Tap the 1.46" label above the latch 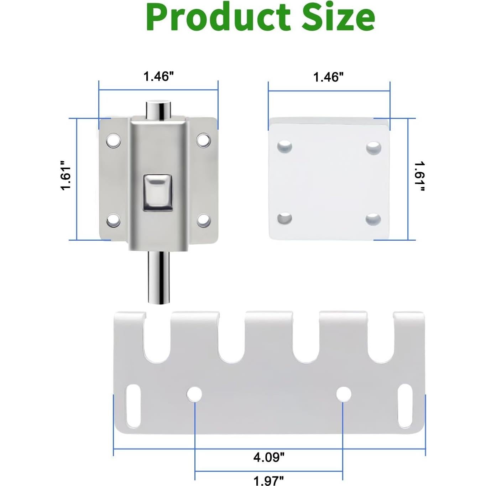coord(159,76)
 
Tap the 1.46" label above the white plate coord(328,77)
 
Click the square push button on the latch coord(158,192)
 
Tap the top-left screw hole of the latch coord(113,141)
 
